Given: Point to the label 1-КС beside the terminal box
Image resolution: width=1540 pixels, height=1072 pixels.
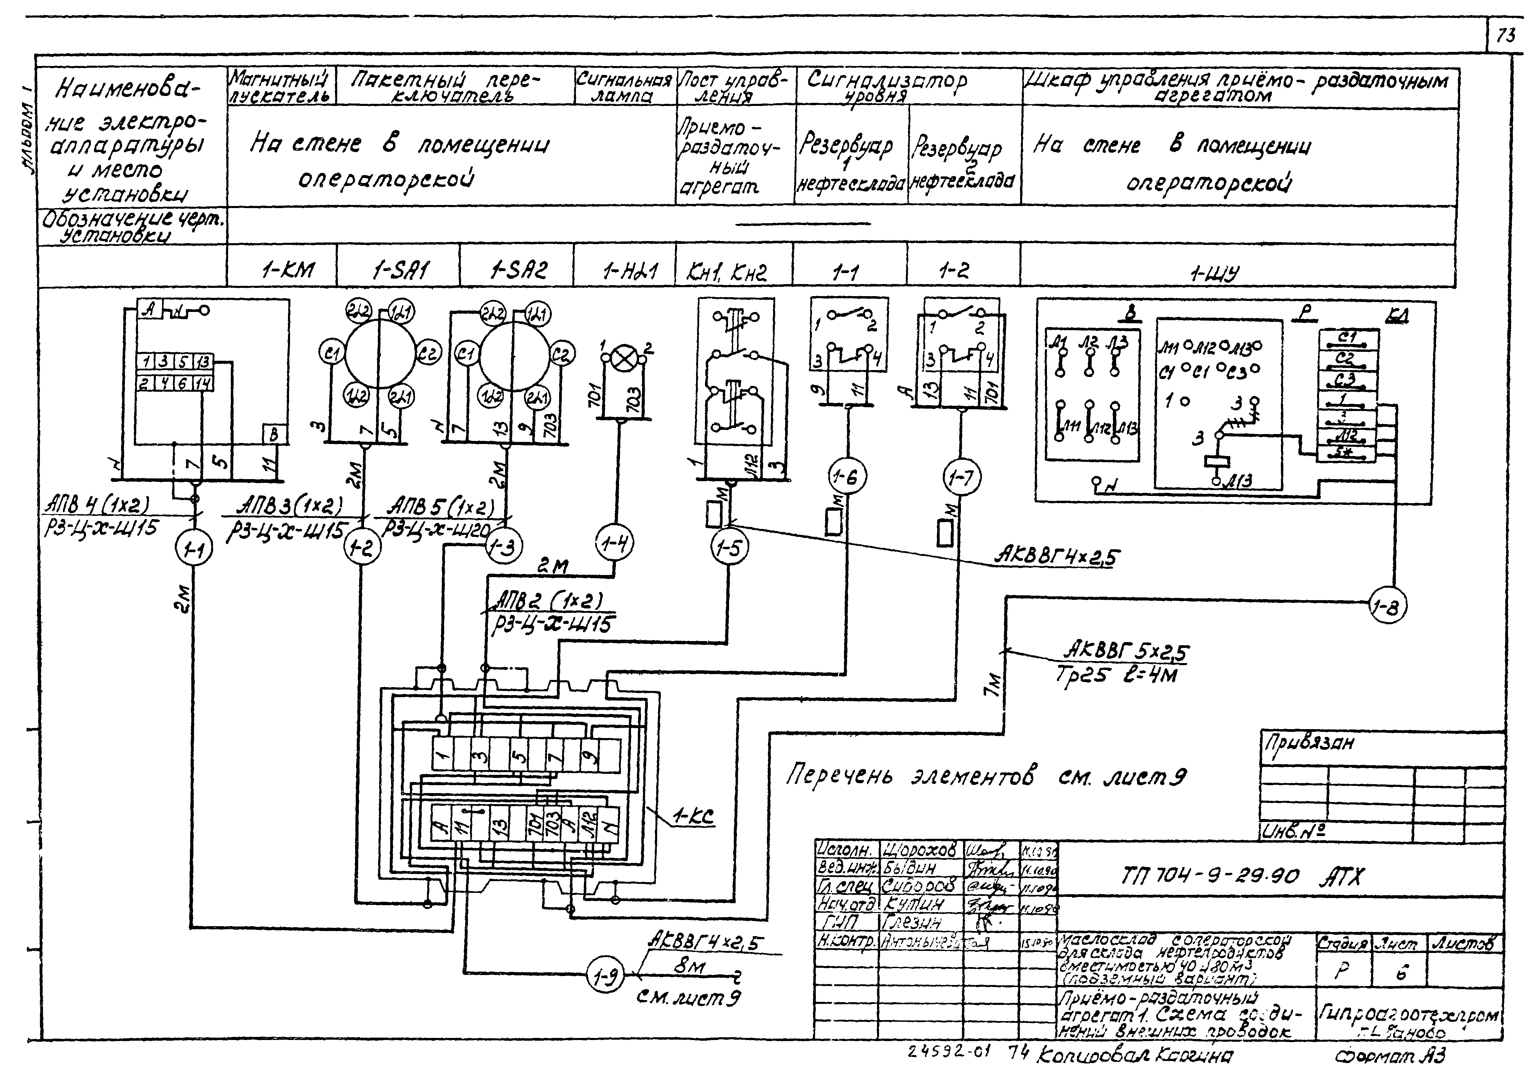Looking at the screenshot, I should coord(693,816).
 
